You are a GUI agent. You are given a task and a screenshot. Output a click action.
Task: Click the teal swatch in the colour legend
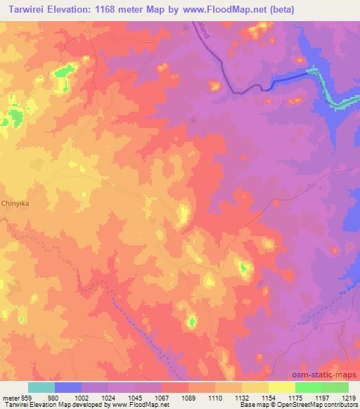point(41,387)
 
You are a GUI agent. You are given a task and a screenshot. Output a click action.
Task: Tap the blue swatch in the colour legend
point(68,387)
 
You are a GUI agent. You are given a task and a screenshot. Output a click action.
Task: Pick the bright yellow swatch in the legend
point(281,387)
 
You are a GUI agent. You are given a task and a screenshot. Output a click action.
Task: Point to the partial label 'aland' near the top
point(204,30)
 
